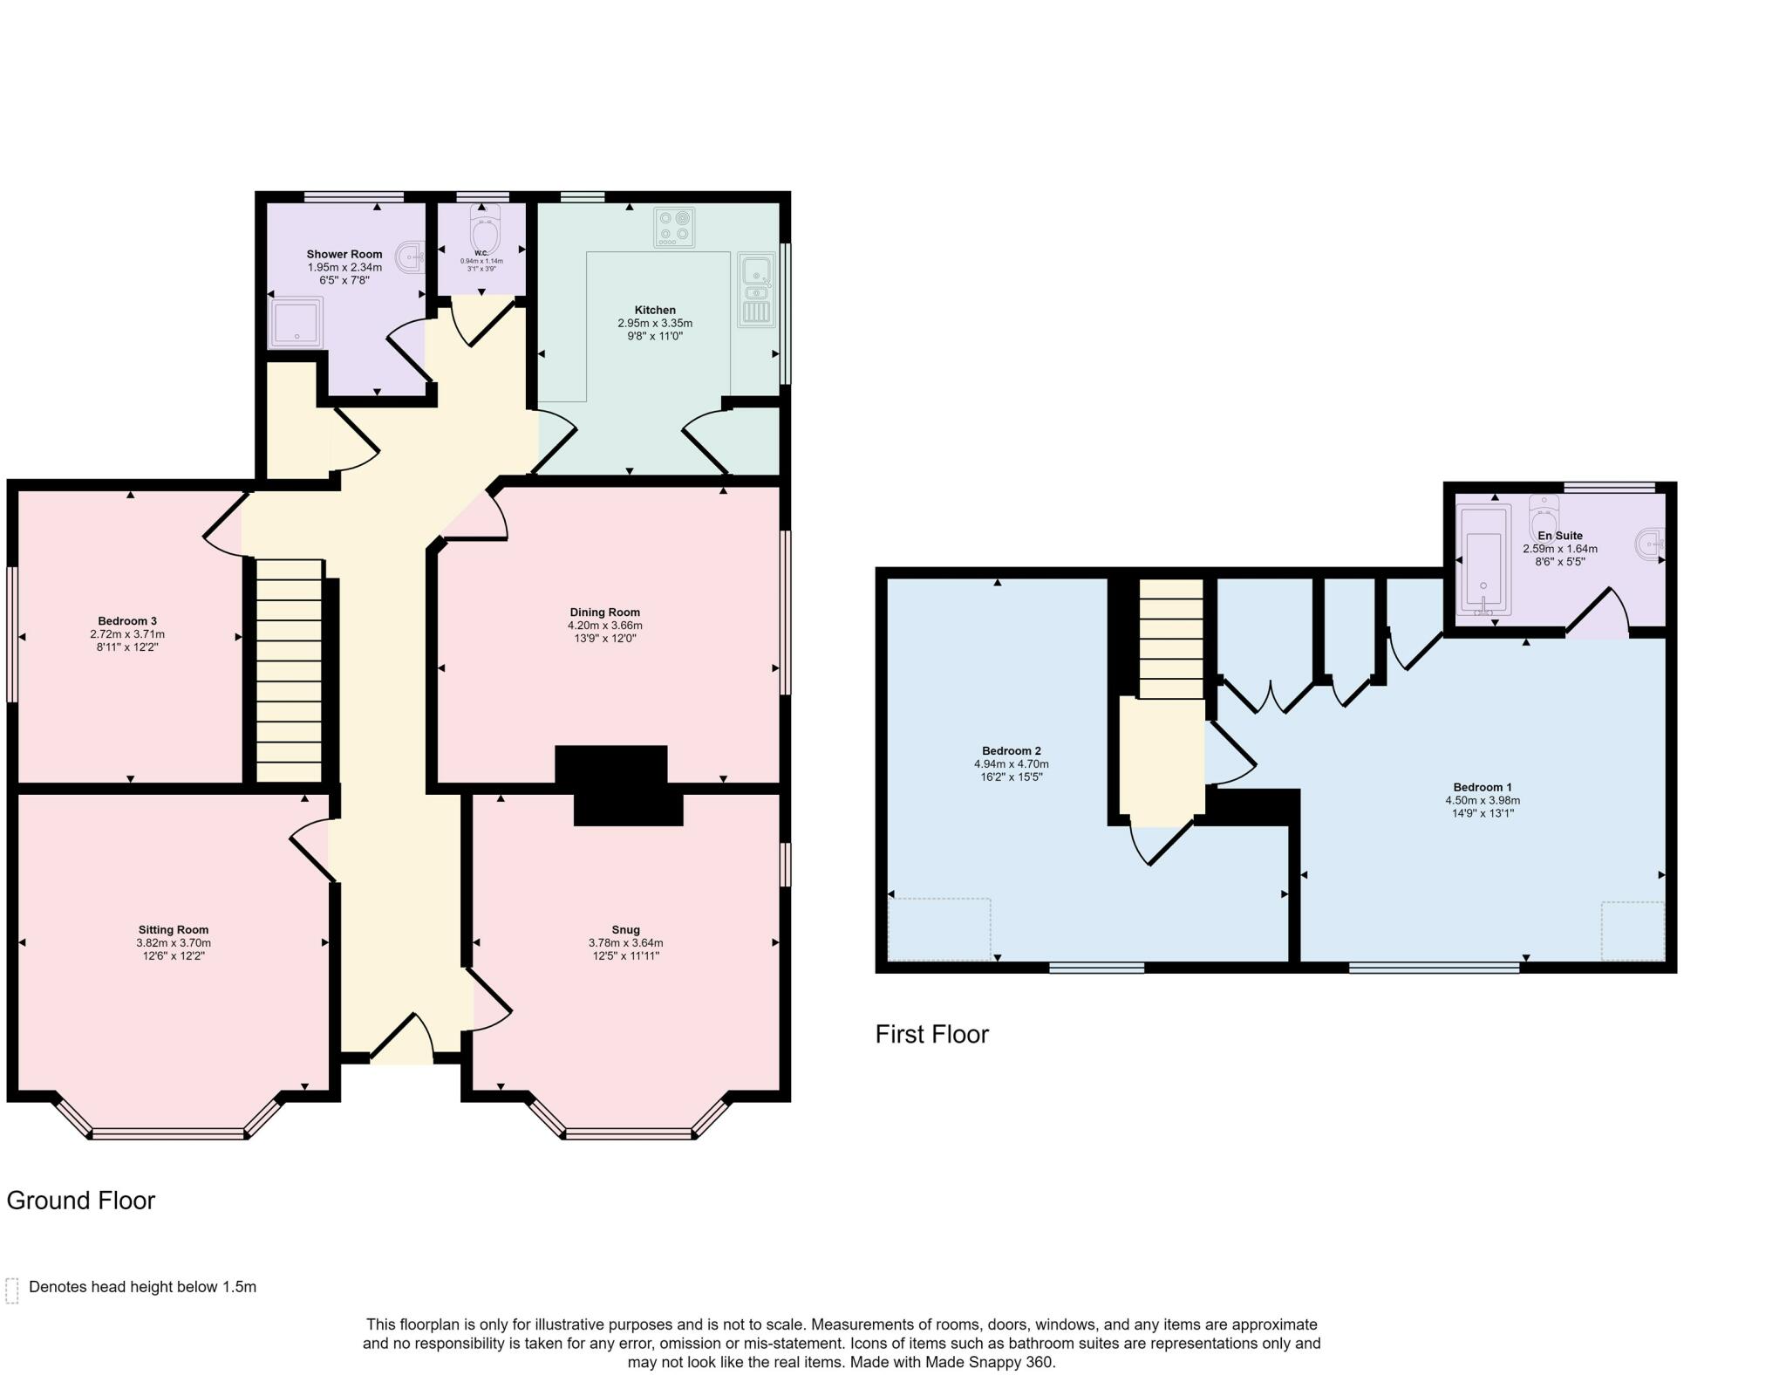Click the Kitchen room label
tap(655, 310)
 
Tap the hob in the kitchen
tap(674, 227)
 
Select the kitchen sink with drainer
tap(756, 290)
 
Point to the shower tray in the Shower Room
tap(295, 322)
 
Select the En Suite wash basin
tap(1649, 542)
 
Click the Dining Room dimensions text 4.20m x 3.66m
tap(605, 626)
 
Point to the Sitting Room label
tap(174, 930)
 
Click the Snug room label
tap(625, 930)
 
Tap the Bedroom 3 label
tap(127, 621)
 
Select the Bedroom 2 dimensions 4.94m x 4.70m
tap(1012, 764)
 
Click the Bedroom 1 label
tap(1483, 787)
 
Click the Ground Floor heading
tap(81, 1201)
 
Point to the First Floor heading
tap(932, 1035)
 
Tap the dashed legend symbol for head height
tap(12, 1291)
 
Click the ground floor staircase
tap(290, 670)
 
